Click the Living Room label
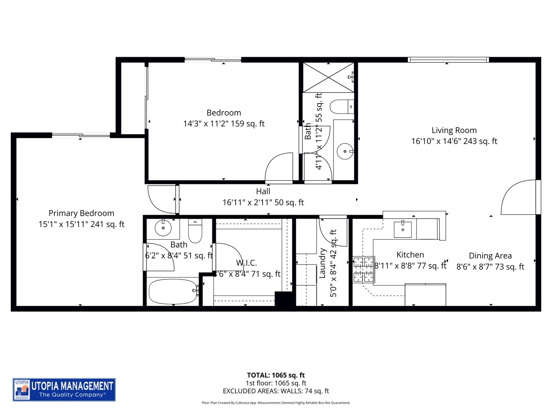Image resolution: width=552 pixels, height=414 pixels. [454, 130]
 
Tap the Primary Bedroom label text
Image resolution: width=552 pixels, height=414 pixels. [81, 214]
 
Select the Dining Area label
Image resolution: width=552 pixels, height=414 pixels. [490, 256]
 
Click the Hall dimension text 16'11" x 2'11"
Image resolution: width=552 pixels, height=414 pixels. [263, 202]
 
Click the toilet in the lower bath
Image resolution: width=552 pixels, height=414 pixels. [195, 231]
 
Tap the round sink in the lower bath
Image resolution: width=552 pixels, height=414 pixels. [163, 228]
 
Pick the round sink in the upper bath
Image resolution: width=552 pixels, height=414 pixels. [345, 151]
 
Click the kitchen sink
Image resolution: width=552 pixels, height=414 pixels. [402, 229]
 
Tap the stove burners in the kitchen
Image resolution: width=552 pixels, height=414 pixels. [363, 269]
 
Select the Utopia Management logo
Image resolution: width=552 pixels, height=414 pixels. [64, 390]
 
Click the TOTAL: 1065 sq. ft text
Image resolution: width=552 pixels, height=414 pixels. [276, 375]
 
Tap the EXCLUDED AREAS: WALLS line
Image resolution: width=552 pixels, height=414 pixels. [276, 391]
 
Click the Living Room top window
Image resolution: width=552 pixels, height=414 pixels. [448, 60]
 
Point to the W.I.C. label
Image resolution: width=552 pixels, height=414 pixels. [246, 263]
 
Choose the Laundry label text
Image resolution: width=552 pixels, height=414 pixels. [322, 263]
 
